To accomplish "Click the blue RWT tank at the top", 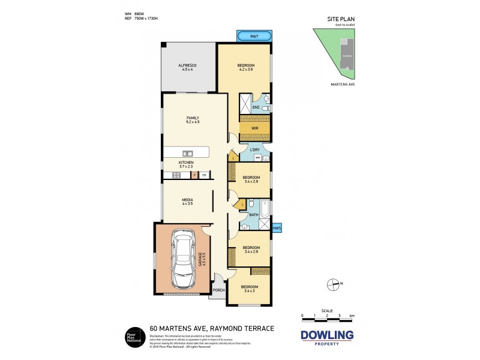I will click(254, 37).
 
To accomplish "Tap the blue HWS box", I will click(277, 228).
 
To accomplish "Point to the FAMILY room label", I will click(192, 118).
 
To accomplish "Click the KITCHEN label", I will click(186, 162).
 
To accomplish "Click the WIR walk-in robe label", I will click(254, 128).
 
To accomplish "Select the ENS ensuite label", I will click(256, 107).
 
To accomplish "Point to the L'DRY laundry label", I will click(254, 149).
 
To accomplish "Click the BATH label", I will click(253, 214).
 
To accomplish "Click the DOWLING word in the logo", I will click(327, 334).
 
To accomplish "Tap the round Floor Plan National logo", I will click(132, 336).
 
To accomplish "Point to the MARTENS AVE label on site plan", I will click(343, 85).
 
